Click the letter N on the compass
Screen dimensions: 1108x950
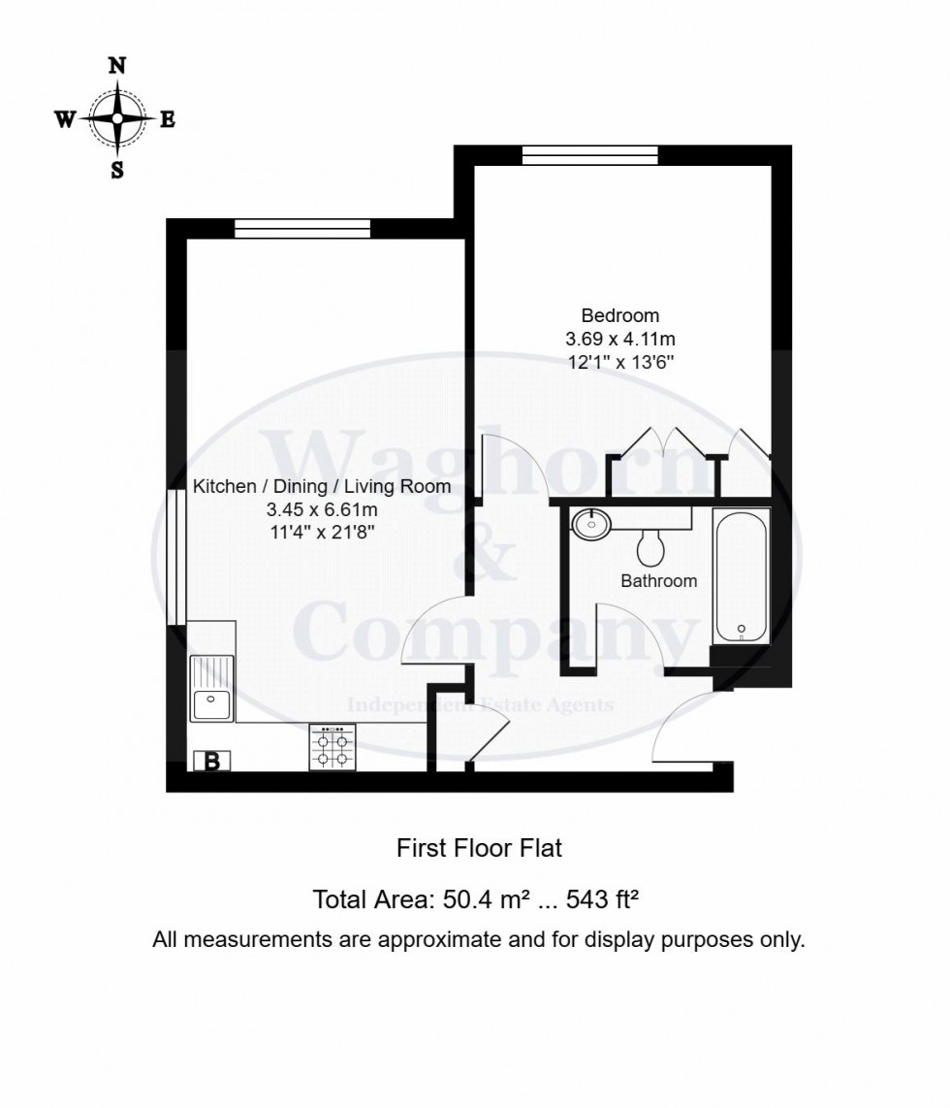[x=117, y=66]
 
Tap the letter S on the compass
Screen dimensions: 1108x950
[x=117, y=170]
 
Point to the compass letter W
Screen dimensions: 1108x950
[x=65, y=119]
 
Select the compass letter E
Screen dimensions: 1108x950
[x=167, y=119]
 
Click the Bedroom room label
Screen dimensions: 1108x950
[x=619, y=315]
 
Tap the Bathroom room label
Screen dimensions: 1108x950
[x=658, y=581]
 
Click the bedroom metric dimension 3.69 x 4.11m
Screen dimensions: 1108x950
[x=619, y=340]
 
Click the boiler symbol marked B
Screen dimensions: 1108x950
[x=211, y=762]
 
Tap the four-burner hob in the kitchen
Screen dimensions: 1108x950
[x=332, y=748]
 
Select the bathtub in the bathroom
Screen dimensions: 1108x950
[x=741, y=575]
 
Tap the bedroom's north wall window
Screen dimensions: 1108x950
[x=589, y=155]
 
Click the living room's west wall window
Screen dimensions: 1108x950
[x=175, y=558]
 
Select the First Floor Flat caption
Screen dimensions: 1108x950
[x=479, y=848]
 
